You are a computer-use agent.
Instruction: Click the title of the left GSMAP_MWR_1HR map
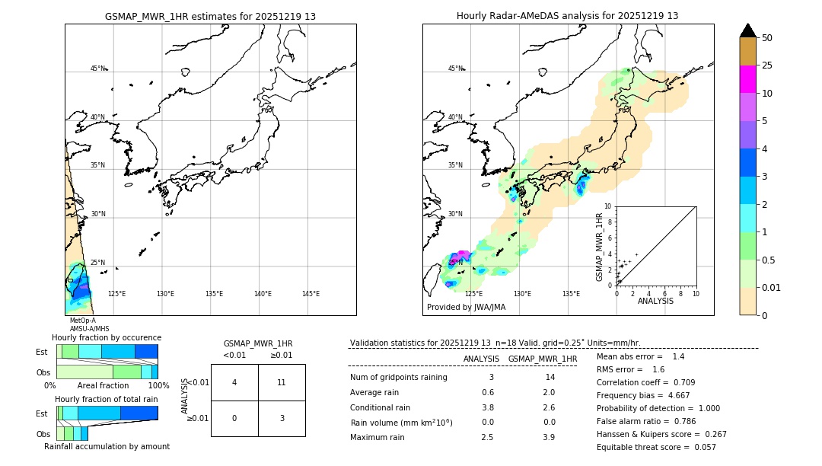point(210,16)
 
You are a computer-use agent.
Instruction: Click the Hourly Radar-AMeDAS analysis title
point(567,16)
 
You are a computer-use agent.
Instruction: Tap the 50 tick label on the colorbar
point(767,38)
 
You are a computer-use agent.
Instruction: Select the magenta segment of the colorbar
point(747,79)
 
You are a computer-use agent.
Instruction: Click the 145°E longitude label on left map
point(311,294)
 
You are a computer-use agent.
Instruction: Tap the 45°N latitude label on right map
point(455,69)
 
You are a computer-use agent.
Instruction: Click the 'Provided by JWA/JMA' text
point(466,308)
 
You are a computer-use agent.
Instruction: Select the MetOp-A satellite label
point(82,321)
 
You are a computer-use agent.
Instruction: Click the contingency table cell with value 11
point(282,382)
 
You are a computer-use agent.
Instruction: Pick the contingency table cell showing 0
point(234,418)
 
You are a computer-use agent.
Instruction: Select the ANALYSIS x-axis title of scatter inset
point(655,302)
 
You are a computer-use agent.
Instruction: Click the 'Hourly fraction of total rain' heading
point(107,399)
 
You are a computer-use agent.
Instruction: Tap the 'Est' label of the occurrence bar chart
point(42,352)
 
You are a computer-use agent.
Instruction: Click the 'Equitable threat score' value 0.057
point(704,447)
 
